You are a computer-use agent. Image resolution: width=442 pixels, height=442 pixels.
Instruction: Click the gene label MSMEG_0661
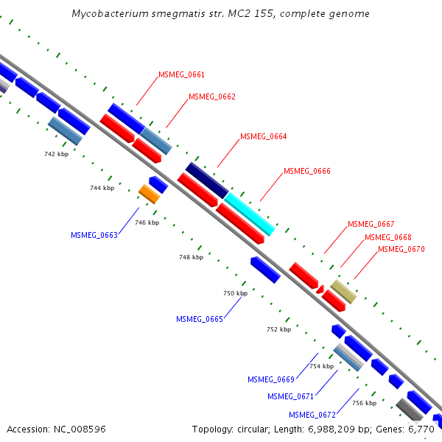[x=181, y=74]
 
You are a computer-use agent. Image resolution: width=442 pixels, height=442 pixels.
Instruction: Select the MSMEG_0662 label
[x=212, y=97]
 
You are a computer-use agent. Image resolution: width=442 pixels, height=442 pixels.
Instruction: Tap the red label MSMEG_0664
[x=263, y=136]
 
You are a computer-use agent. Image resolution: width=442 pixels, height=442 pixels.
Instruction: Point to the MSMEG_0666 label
[x=307, y=171]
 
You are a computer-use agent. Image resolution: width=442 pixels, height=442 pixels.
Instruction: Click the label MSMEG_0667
[x=371, y=224]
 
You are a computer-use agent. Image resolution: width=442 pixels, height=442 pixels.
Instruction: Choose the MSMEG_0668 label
[x=388, y=237]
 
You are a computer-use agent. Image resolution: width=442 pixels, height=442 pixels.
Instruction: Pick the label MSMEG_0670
[x=401, y=249]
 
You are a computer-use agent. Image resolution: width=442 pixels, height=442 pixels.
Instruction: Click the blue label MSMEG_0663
[x=94, y=235]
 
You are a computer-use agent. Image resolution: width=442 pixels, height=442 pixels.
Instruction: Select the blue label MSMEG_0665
[x=199, y=319]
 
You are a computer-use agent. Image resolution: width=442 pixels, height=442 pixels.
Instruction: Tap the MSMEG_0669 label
[x=271, y=379]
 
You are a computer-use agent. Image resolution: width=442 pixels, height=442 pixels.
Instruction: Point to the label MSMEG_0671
[x=291, y=396]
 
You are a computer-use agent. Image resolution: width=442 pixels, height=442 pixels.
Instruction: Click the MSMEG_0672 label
[x=312, y=415]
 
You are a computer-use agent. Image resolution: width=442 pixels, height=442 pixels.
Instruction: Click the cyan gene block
[x=250, y=214]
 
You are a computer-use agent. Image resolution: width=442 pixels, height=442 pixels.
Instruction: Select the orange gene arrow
[x=149, y=194]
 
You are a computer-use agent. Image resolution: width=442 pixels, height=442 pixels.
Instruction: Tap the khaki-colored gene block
[x=343, y=291]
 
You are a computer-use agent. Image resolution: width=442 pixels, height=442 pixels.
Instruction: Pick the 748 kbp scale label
[x=191, y=258]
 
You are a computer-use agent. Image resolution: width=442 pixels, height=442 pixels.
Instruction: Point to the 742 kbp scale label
[x=56, y=154]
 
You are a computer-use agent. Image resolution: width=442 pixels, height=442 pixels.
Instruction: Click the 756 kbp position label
[x=364, y=403]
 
